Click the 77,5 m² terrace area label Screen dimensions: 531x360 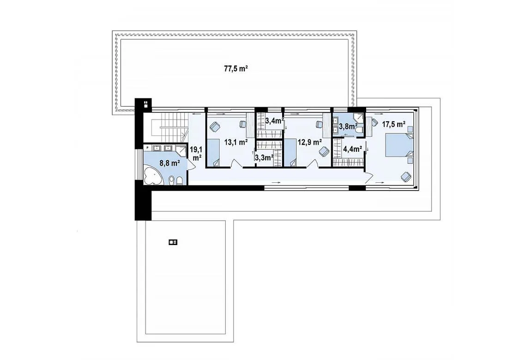click(236, 68)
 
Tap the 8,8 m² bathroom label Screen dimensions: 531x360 click(169, 163)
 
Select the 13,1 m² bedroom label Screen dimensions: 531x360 click(235, 143)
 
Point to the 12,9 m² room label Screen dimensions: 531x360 click(309, 143)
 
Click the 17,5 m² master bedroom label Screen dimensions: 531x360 click(394, 124)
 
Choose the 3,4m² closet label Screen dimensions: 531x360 click(274, 120)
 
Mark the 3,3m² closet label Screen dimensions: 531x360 click(264, 158)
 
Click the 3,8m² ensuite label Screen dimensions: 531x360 click(349, 127)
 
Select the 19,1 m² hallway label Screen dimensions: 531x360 click(196, 153)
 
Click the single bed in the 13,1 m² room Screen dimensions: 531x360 click(214, 153)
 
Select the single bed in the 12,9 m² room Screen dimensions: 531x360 click(290, 153)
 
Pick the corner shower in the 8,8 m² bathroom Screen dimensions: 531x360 click(181, 151)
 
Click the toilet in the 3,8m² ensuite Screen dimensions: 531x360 click(360, 131)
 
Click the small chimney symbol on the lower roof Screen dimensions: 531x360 click(173, 242)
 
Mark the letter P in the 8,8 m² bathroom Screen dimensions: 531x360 click(147, 148)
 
